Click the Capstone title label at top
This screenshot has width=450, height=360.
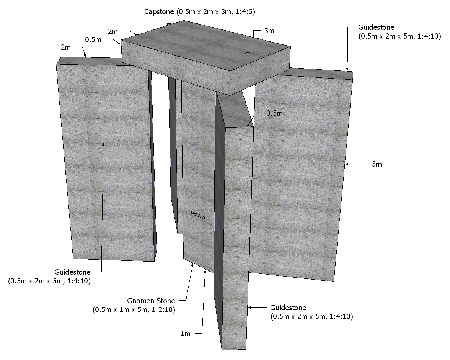click(x=199, y=12)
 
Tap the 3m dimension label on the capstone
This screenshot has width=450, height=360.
click(x=269, y=31)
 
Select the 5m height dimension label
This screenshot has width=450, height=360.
click(x=377, y=164)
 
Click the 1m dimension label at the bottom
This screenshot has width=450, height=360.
click(x=185, y=334)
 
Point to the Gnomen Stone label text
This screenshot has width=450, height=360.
click(x=151, y=301)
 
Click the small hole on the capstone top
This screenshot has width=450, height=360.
click(x=248, y=53)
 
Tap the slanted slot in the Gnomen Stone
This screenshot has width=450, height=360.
click(x=198, y=215)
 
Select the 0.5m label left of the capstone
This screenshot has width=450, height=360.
click(x=93, y=40)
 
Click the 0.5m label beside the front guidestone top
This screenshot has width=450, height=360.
click(x=274, y=113)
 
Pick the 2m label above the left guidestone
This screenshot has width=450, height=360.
click(x=66, y=47)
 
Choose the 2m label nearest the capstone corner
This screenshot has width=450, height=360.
click(x=113, y=32)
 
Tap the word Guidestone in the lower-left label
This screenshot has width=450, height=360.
click(x=72, y=272)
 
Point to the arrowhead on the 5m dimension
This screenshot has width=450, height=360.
click(x=347, y=164)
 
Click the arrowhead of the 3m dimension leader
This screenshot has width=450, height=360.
click(x=253, y=36)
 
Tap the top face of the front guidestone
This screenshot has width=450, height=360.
click(x=235, y=111)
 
